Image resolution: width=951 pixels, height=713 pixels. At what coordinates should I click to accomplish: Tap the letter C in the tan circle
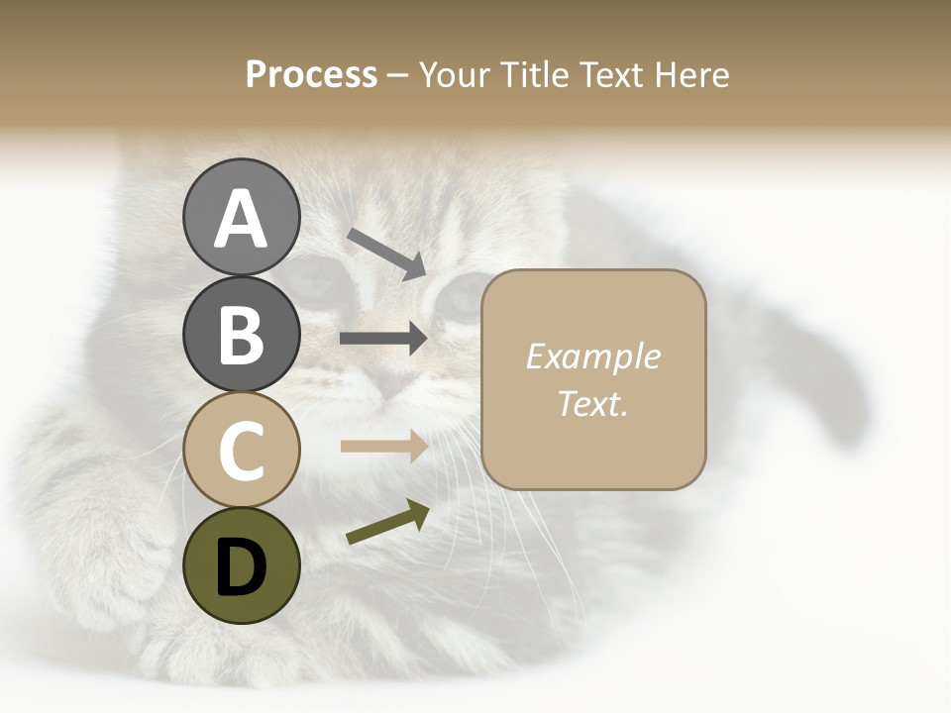click(x=241, y=452)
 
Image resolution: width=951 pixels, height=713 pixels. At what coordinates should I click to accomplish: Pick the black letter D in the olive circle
click(x=241, y=566)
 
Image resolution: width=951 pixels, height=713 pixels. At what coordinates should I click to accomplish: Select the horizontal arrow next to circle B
click(x=383, y=338)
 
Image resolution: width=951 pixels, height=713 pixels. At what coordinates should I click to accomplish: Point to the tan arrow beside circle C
click(x=383, y=446)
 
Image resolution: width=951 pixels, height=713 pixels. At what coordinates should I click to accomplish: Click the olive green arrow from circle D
click(x=387, y=522)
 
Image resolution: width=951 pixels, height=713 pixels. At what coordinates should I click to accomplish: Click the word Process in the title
click(x=311, y=75)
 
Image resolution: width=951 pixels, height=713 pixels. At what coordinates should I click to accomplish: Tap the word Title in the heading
click(x=532, y=75)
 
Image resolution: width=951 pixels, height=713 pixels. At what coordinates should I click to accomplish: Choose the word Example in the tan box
click(x=592, y=356)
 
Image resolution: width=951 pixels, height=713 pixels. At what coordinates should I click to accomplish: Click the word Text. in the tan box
click(x=592, y=403)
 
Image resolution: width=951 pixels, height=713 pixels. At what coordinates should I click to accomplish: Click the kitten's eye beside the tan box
click(x=459, y=297)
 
